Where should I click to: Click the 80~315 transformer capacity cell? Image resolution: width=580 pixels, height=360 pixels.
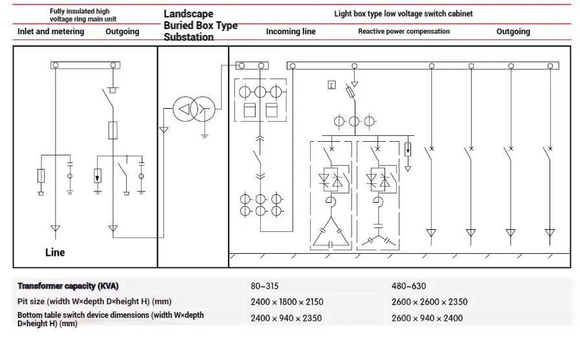coord(265,286)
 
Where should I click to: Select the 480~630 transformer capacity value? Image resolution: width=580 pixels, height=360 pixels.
coord(408,286)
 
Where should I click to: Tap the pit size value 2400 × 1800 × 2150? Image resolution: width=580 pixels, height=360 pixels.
coord(287,302)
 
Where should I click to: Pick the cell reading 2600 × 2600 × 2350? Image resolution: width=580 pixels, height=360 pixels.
coord(429,302)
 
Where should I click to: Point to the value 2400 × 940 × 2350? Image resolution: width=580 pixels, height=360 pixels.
coord(286,318)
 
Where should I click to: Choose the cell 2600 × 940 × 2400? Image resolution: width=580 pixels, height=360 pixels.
coord(427,318)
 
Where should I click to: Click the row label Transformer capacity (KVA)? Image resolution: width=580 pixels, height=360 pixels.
coord(68,286)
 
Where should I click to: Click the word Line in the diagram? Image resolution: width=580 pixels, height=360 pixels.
coord(55,253)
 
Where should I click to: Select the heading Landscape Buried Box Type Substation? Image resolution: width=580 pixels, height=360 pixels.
coord(201,25)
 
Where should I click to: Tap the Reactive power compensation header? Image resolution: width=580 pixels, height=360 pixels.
coord(404,32)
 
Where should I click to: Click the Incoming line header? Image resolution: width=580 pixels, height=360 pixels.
coord(291,32)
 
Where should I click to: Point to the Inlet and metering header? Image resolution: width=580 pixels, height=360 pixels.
coord(50,32)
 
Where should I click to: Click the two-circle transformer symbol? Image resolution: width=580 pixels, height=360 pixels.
coord(194,109)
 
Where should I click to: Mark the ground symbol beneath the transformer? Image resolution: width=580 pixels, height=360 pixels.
coord(205,135)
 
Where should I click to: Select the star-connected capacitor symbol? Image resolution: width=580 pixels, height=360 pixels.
coord(379,240)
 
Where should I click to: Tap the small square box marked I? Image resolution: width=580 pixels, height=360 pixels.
coord(332,85)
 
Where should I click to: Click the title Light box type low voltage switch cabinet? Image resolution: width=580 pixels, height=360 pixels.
coord(403,14)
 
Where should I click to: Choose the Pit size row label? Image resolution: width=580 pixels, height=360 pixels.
coord(95,302)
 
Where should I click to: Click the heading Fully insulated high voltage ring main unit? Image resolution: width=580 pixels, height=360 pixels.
coord(83,15)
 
